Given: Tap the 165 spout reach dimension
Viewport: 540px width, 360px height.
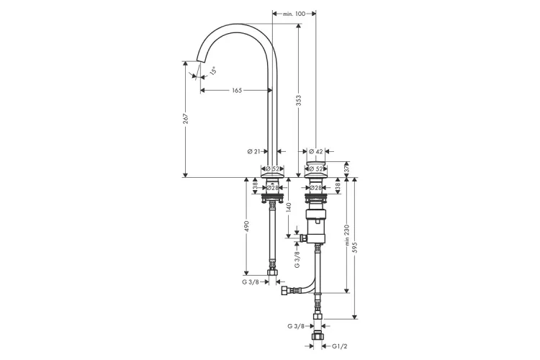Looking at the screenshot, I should pyautogui.click(x=236, y=91).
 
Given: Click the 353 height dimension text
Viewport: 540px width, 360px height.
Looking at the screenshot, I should pyautogui.click(x=300, y=103).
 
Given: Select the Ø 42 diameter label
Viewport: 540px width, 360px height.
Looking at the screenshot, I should pyautogui.click(x=315, y=151).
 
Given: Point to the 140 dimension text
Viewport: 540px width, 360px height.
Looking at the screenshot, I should pyautogui.click(x=288, y=209).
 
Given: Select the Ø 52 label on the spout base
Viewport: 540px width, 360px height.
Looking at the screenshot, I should pyautogui.click(x=272, y=169).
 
